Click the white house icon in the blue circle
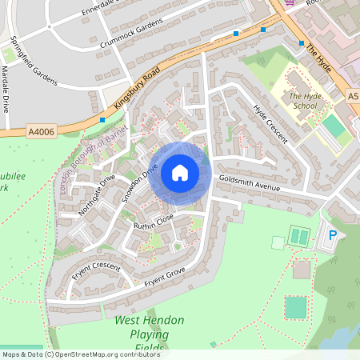180,172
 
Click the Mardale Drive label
6,88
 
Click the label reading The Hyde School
304,99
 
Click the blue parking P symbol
333,236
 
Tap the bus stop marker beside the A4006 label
102,120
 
